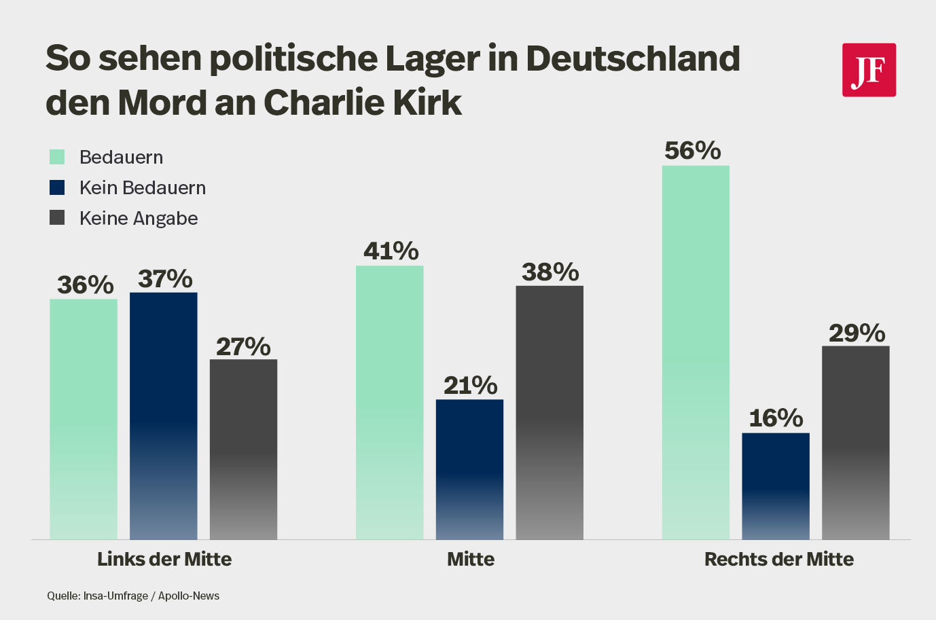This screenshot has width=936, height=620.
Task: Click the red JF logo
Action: point(869,70)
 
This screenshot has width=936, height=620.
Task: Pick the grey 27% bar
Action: point(243,449)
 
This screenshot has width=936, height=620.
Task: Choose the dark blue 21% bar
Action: point(469,469)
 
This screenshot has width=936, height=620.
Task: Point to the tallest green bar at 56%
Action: point(696,352)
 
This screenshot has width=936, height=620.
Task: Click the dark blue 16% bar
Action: point(776,486)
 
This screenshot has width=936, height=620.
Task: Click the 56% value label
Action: point(692,151)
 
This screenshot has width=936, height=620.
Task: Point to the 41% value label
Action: point(391,251)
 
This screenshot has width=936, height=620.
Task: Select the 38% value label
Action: point(550,272)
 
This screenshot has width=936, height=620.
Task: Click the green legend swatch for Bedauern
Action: point(57,157)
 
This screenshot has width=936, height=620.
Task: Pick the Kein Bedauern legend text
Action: point(142,188)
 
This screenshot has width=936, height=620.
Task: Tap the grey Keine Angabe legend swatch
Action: point(57,218)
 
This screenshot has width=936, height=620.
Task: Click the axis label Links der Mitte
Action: point(164,560)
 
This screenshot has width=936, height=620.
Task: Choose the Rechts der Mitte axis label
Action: point(779,560)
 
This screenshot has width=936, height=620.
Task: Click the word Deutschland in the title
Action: point(632,59)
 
